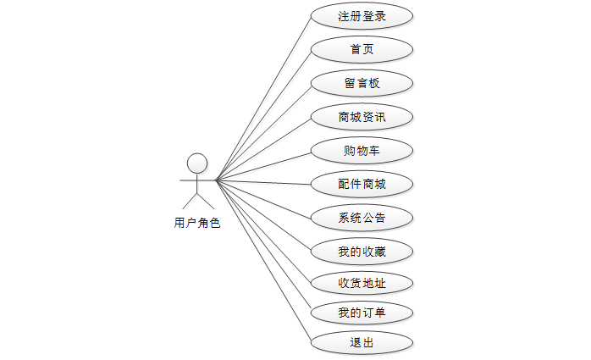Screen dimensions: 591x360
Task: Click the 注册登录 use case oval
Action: (x=362, y=16)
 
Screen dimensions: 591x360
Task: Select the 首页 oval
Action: (x=362, y=49)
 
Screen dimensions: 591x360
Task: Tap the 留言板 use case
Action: (x=362, y=83)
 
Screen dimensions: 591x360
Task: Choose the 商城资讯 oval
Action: (x=362, y=117)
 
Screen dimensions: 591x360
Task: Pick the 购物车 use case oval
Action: (x=362, y=151)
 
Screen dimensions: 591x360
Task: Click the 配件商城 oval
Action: (x=362, y=184)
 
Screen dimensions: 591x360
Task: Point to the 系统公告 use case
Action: (x=362, y=218)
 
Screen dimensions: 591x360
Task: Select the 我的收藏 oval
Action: (x=362, y=251)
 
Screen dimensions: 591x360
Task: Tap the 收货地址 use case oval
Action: (x=362, y=283)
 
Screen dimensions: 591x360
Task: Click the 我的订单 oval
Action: (x=362, y=313)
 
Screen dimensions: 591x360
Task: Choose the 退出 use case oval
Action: (x=362, y=342)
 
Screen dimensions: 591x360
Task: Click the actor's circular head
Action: (x=197, y=163)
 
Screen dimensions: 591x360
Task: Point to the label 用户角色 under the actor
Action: (x=197, y=223)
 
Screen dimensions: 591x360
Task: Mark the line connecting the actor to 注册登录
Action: (x=263, y=98)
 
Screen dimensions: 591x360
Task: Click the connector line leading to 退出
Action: (x=263, y=261)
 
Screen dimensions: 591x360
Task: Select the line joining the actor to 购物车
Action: (x=263, y=166)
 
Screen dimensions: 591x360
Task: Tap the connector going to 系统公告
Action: (x=263, y=199)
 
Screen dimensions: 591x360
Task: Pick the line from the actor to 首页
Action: (x=263, y=115)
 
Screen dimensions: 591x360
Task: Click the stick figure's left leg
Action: (x=190, y=201)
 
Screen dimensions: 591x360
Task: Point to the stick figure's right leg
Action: (x=206, y=201)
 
